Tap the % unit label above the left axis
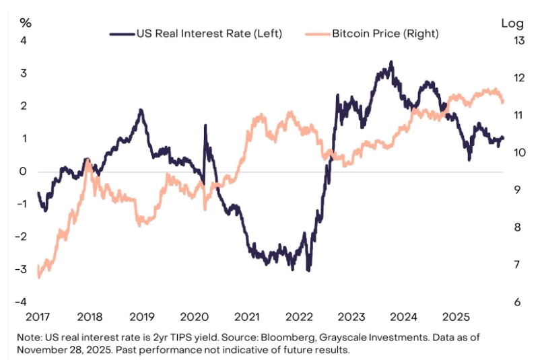pyautogui.click(x=26, y=22)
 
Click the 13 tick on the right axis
pyautogui.click(x=518, y=40)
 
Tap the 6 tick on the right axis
pyautogui.click(x=516, y=301)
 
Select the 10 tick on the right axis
pyautogui.click(x=518, y=152)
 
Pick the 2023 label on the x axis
pyautogui.click(x=351, y=317)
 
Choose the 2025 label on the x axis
pyautogui.click(x=455, y=317)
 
